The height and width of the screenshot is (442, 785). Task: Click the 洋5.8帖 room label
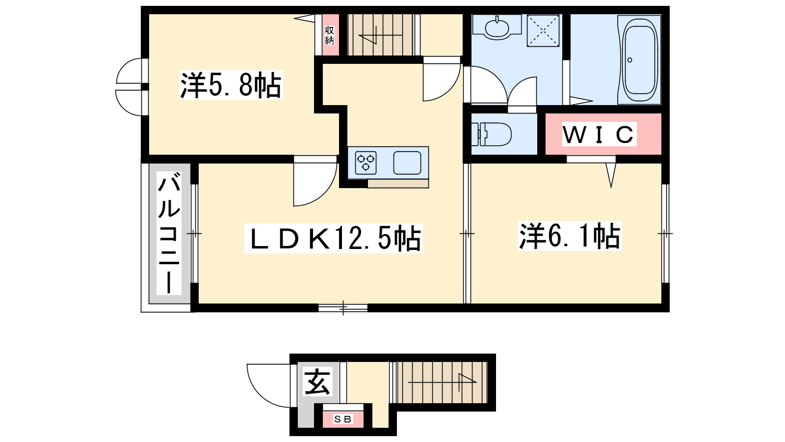point(231,85)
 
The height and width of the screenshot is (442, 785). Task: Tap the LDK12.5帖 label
point(334,238)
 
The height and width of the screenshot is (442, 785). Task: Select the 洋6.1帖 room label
point(570,236)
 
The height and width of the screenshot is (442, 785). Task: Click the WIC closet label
point(599,134)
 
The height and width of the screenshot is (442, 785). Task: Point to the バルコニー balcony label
point(169,233)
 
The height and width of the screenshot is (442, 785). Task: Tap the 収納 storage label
point(329,35)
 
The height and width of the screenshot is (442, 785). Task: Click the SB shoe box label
point(343,419)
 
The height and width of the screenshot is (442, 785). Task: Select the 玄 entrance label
point(317,382)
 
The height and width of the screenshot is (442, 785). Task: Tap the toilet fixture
point(491,134)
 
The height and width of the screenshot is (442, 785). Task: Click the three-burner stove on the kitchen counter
point(366,163)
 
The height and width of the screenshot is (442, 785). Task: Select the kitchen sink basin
point(407,163)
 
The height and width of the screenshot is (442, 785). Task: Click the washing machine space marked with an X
point(543,30)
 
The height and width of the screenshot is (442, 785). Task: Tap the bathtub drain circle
point(630,60)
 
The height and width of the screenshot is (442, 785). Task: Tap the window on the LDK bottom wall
point(343,308)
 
